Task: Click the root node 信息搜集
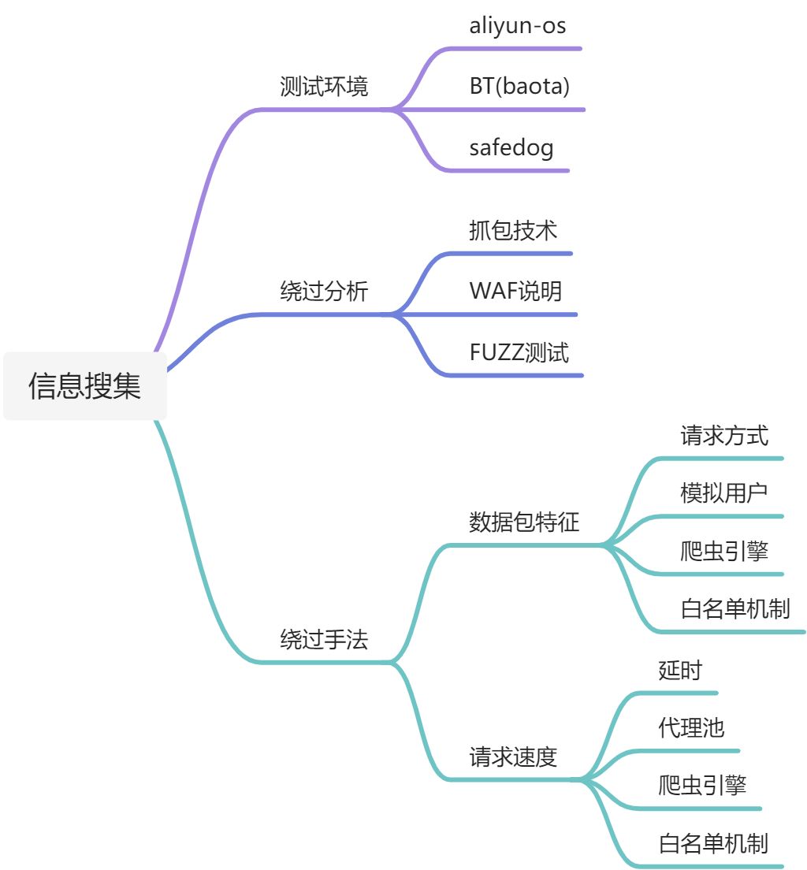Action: point(85,386)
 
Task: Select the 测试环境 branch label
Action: point(324,87)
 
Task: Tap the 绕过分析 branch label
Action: point(324,292)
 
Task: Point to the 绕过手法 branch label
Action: point(324,639)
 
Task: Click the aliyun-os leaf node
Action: point(518,26)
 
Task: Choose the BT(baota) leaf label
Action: point(519,87)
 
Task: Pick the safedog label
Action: point(511,147)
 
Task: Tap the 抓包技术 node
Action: point(513,230)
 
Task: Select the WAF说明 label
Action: point(515,291)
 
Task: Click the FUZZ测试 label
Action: point(519,352)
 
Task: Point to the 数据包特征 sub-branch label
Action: point(524,522)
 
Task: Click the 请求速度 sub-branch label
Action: point(513,757)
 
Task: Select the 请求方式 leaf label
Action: point(724,435)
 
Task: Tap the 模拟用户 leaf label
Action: point(724,493)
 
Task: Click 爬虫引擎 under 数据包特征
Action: point(724,551)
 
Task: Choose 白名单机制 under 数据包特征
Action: point(735,608)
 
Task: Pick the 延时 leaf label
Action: point(680,671)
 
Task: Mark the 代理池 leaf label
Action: point(691,727)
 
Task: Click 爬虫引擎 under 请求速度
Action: point(702,786)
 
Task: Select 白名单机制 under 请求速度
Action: point(713,844)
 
